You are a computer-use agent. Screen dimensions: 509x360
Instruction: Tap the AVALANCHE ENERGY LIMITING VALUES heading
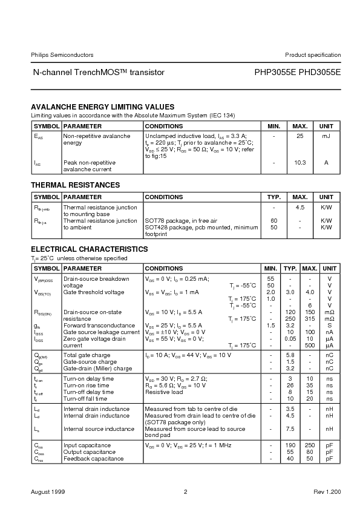102,107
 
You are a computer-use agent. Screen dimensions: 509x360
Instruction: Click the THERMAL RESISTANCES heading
75,185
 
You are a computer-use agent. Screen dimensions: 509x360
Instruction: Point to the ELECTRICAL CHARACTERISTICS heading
89,249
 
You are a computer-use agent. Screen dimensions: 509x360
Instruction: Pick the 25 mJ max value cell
299,137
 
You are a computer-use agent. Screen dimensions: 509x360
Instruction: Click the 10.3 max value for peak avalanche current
299,163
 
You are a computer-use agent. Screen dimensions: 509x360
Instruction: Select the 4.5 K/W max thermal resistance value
299,208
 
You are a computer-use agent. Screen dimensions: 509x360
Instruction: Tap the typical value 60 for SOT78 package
273,221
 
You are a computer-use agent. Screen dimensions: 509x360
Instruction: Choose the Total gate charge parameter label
87,355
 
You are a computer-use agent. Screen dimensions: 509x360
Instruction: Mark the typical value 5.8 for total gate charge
290,355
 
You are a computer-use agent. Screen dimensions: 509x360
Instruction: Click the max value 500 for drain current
309,345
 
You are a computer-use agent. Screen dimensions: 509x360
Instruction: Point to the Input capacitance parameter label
87,445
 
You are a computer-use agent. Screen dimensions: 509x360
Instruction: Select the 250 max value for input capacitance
309,445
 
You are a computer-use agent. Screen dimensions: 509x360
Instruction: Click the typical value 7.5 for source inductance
290,429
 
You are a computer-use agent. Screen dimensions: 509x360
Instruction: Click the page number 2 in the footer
186,491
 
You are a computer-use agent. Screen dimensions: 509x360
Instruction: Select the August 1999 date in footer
48,491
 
